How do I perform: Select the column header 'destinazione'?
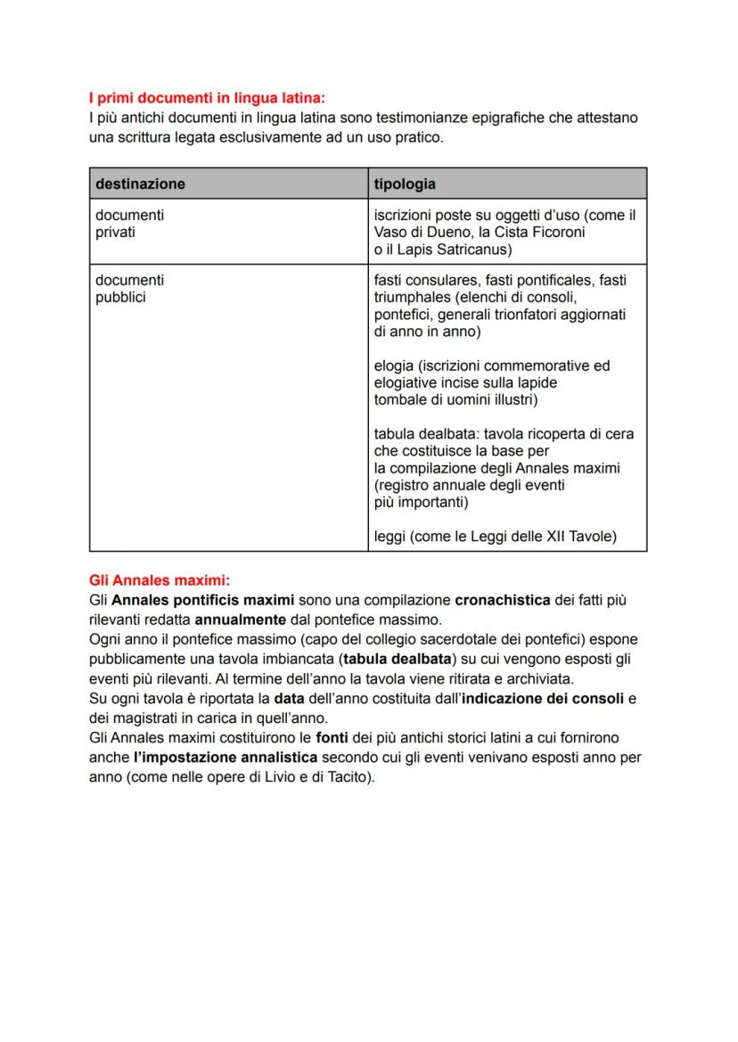click(140, 184)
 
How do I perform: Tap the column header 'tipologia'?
click(405, 184)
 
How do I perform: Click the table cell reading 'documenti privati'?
click(129, 224)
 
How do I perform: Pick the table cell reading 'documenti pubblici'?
click(129, 289)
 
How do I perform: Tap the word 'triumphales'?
click(412, 298)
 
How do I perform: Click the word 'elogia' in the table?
click(394, 365)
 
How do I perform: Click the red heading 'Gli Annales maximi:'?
click(160, 580)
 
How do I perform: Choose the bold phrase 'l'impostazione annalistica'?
click(225, 756)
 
